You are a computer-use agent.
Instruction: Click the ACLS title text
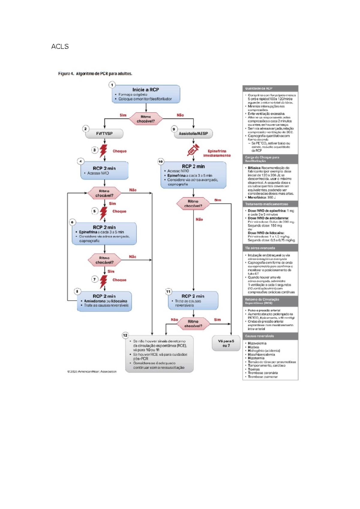coord(60,47)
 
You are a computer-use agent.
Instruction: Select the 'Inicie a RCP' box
coord(146,94)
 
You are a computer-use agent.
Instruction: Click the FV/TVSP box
coord(104,134)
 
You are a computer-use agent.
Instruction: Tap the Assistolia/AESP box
coord(193,134)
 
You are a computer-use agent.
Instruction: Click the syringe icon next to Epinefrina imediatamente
coord(193,150)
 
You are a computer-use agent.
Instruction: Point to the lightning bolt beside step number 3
coord(103,151)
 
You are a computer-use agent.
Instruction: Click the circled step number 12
coord(125,335)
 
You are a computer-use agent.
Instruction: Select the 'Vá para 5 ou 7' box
coord(226,343)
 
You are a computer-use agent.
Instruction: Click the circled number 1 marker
coord(112,85)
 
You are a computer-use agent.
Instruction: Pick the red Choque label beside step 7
coord(119,280)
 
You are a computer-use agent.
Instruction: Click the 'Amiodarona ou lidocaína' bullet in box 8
coord(105,301)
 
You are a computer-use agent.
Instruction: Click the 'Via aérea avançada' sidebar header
coord(260,248)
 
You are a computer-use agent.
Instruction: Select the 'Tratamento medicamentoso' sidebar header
coord(266,204)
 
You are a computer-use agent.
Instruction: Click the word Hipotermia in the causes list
coord(256,358)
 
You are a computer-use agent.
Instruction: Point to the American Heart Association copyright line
coord(92,372)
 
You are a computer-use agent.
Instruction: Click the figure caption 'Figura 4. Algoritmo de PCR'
coord(95,74)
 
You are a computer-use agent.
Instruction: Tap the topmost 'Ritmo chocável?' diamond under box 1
coord(146,119)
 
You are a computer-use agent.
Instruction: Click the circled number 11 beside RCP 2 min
coord(168,291)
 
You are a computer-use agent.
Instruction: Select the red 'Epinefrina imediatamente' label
coord(217,153)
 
